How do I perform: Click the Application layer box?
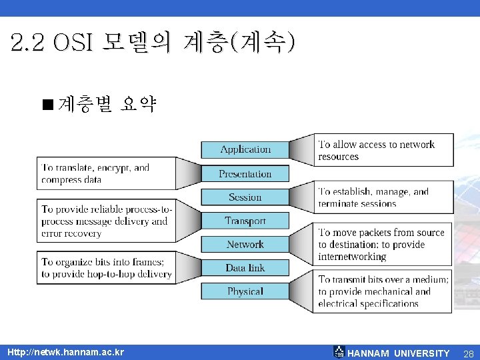pyautogui.click(x=245, y=149)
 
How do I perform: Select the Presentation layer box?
pyautogui.click(x=245, y=173)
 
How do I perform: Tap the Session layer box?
pyautogui.click(x=245, y=197)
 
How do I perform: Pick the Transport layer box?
pyautogui.click(x=245, y=221)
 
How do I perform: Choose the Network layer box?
pyautogui.click(x=245, y=244)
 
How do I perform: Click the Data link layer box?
pyautogui.click(x=245, y=268)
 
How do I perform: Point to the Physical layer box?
pyautogui.click(x=245, y=291)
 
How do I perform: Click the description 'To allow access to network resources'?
pyautogui.click(x=377, y=150)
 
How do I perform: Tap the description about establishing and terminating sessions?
pyautogui.click(x=374, y=197)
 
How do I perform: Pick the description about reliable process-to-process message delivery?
pyautogui.click(x=105, y=221)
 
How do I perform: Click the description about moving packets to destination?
pyautogui.click(x=381, y=244)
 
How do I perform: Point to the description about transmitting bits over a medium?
pyautogui.click(x=383, y=291)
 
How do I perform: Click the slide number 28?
pyautogui.click(x=468, y=353)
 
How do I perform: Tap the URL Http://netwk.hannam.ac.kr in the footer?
pyautogui.click(x=65, y=352)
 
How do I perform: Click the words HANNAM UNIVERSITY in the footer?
pyautogui.click(x=399, y=353)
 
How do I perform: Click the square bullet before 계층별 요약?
pyautogui.click(x=47, y=104)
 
